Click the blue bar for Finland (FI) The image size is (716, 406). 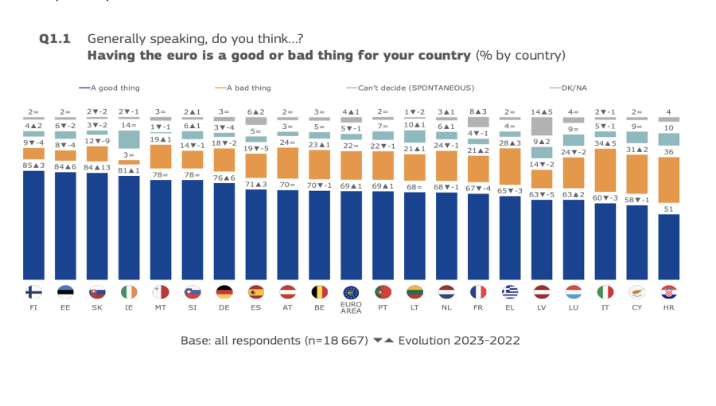pyautogui.click(x=33, y=224)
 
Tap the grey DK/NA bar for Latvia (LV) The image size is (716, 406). pyautogui.click(x=542, y=126)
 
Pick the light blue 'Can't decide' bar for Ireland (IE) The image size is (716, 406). pyautogui.click(x=129, y=139)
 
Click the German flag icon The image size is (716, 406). pyautogui.click(x=224, y=291)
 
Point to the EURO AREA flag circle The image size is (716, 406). pyautogui.click(x=351, y=291)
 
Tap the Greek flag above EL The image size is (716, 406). pyautogui.click(x=510, y=291)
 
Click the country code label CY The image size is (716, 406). pyautogui.click(x=636, y=306)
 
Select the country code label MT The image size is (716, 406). pyautogui.click(x=161, y=306)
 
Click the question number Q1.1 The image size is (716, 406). pyautogui.click(x=56, y=38)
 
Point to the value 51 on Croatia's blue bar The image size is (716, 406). pyautogui.click(x=669, y=209)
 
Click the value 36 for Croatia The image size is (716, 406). pyautogui.click(x=669, y=152)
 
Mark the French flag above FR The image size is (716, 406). pyautogui.click(x=478, y=291)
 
